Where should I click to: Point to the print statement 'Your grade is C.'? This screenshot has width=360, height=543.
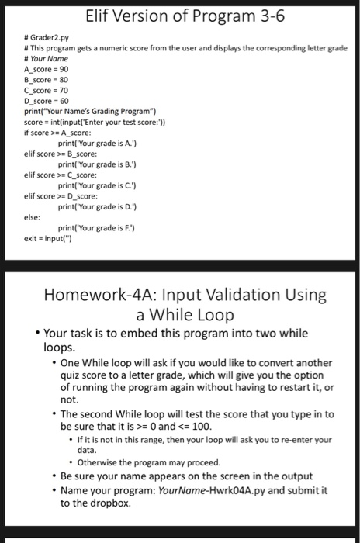point(98,185)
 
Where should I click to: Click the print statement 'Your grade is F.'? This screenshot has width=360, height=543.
point(98,225)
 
